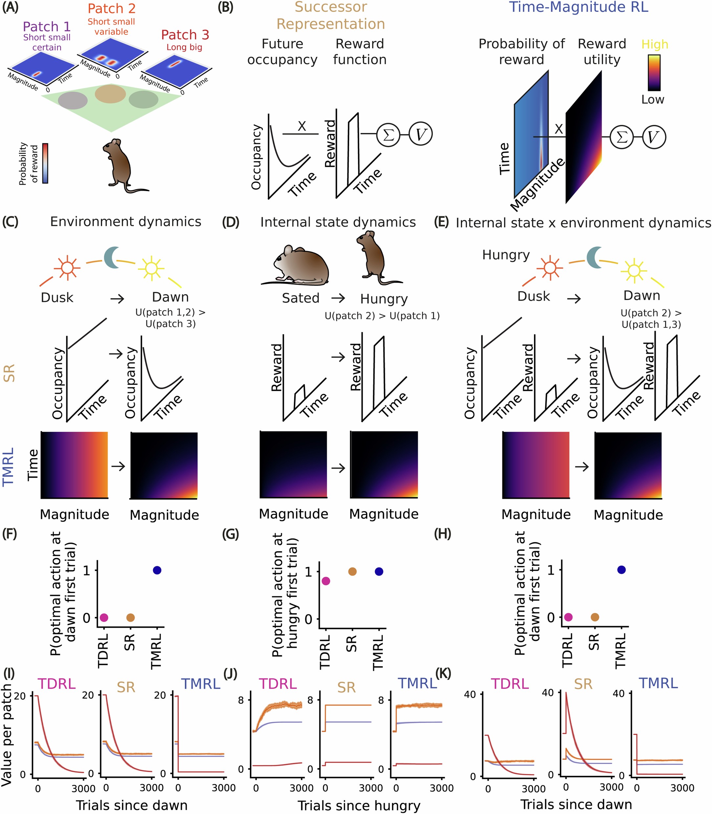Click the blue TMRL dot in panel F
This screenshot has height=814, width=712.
coord(157,570)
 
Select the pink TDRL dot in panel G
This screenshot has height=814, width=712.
coord(326,581)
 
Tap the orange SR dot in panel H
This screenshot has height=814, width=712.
coord(594,617)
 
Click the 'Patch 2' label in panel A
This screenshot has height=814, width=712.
coord(112,8)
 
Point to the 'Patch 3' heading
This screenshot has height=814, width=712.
coord(185,35)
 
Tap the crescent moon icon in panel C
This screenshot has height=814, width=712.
coord(112,257)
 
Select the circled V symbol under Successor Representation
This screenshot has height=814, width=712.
coord(420,134)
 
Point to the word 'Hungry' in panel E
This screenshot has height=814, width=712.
coord(506,255)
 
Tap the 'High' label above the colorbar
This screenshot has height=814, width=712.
coord(655,44)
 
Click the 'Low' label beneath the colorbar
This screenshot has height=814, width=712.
coord(653,99)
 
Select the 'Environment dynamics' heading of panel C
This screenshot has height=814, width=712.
coord(125,222)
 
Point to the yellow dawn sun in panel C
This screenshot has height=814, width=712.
coord(151,269)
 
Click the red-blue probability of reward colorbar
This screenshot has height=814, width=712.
coord(45,163)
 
